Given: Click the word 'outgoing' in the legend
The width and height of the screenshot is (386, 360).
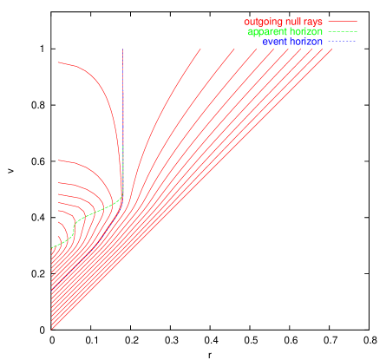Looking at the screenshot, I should click(262, 20).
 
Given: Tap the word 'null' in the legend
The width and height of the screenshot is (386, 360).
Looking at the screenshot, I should click(291, 20).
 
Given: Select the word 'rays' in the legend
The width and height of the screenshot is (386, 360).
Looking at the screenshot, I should click(311, 20).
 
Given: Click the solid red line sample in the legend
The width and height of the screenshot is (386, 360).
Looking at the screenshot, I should click(343, 20).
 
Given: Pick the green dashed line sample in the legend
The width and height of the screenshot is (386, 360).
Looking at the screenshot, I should click(343, 31).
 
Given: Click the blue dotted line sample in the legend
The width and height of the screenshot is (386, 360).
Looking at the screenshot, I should click(343, 42).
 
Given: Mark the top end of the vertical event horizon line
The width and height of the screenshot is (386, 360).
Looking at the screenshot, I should click(123, 49).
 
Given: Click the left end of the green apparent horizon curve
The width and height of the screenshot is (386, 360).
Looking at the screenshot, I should click(53, 248).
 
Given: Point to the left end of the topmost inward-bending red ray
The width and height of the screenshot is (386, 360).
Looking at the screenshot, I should click(58, 62).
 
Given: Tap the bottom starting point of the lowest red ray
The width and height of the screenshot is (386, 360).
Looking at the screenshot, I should click(53, 329).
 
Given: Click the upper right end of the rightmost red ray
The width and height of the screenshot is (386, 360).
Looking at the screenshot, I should click(333, 49).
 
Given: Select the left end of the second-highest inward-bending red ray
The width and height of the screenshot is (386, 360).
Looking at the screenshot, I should click(58, 162).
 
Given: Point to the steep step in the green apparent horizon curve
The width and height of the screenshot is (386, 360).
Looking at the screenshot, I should click(75, 226).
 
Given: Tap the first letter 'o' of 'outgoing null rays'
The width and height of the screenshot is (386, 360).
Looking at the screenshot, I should click(247, 20).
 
